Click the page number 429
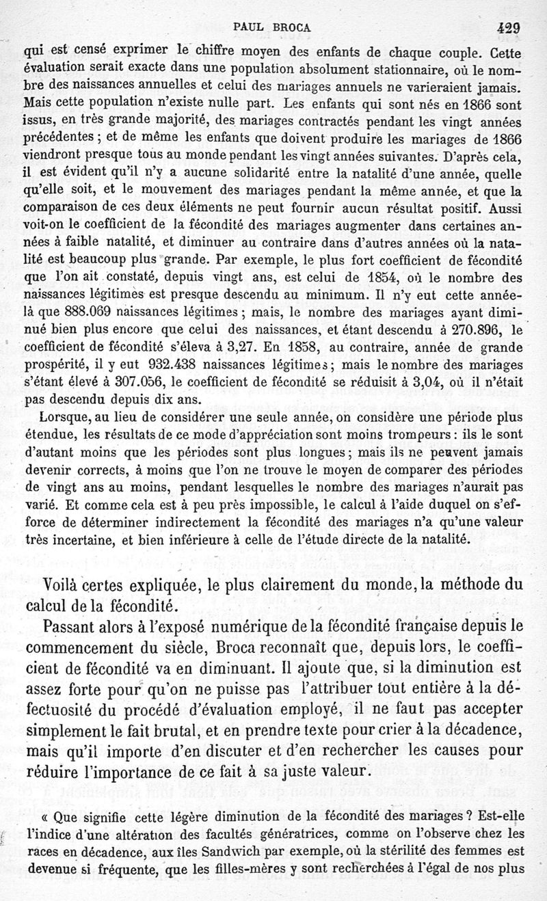pyautogui.click(x=509, y=28)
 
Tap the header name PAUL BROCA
pyautogui.click(x=272, y=29)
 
